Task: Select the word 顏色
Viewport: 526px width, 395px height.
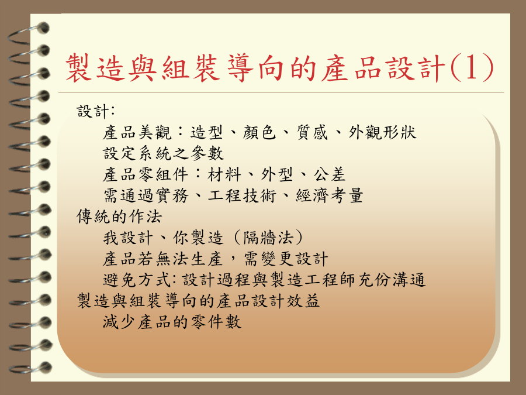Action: [x=259, y=132]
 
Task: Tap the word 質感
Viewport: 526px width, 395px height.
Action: [x=312, y=132]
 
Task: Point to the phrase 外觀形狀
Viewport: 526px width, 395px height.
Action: [x=382, y=132]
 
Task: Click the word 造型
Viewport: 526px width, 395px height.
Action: [x=207, y=132]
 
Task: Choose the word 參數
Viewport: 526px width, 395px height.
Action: [x=207, y=153]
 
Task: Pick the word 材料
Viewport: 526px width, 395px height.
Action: [x=224, y=174]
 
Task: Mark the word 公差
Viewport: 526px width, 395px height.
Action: [x=330, y=174]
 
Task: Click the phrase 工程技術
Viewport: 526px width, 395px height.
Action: [x=242, y=195]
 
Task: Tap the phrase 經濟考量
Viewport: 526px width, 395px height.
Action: [x=330, y=195]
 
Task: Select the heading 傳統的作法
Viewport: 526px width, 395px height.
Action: [x=119, y=217]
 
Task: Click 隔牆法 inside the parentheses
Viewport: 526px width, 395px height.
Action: [x=268, y=238]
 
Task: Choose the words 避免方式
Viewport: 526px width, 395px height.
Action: [x=137, y=280]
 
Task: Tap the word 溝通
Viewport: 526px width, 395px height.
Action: [x=409, y=280]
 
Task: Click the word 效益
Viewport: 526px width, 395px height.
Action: [x=303, y=301]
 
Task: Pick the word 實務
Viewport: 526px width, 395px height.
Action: [x=171, y=195]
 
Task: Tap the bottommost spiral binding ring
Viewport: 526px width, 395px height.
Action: [x=30, y=368]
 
